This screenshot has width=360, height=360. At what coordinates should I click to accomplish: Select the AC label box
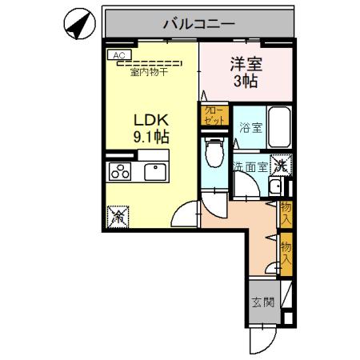pos(118,55)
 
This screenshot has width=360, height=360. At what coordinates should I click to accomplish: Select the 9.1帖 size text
pos(150,135)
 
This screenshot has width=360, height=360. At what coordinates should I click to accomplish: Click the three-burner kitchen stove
pos(121,172)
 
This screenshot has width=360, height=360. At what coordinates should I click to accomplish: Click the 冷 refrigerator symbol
pos(118,214)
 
